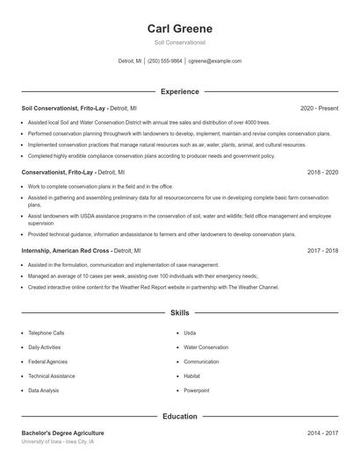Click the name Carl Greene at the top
179,29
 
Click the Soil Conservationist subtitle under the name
179,42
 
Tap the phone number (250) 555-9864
164,61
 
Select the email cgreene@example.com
215,61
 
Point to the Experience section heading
179,91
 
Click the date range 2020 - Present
319,108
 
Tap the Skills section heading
179,312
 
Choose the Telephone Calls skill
47,333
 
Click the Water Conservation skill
205,347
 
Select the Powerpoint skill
197,390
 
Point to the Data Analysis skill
44,390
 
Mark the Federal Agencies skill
47,361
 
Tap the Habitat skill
192,376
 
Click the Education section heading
179,416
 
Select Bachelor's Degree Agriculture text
62,433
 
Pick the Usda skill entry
190,333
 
